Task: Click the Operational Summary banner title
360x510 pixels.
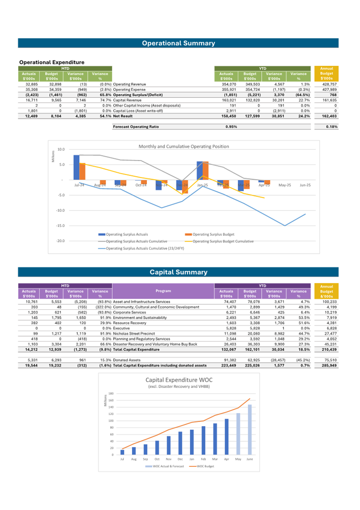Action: coord(178,43)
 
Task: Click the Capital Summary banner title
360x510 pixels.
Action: coord(178,272)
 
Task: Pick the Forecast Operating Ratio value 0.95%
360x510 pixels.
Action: coord(231,126)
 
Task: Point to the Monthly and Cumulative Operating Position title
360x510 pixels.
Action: coord(184,147)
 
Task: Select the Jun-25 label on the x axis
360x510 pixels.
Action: coord(305,185)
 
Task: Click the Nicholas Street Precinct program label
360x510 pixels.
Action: coord(134,333)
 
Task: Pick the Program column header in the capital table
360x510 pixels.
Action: coord(163,291)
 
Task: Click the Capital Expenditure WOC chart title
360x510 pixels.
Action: coord(179,379)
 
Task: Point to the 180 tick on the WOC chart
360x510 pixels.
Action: coord(111,394)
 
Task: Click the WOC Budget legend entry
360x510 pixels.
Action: coord(205,466)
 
